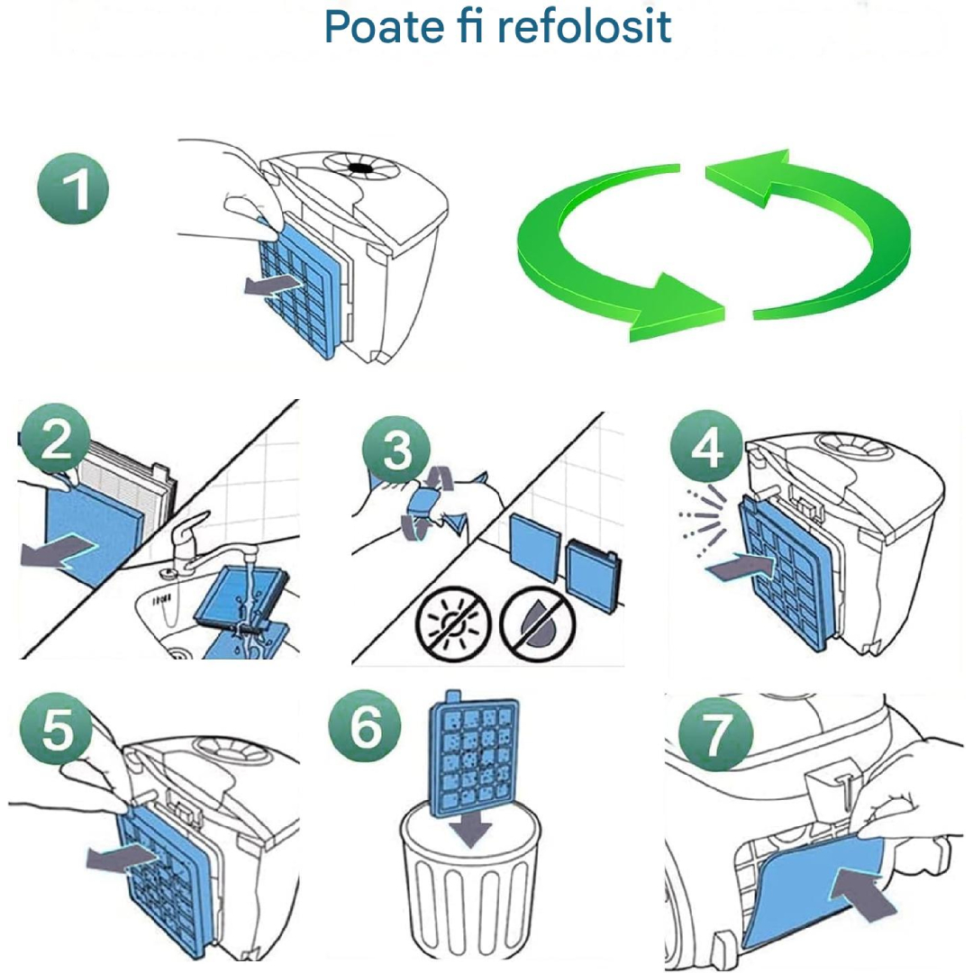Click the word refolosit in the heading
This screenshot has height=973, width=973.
[585, 26]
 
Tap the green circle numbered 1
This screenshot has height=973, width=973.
[73, 188]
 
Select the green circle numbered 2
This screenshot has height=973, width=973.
[55, 438]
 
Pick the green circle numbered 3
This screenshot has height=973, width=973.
[396, 450]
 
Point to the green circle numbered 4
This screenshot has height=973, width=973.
[707, 446]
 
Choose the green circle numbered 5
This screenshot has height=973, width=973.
[57, 728]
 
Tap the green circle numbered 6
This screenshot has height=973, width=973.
[365, 725]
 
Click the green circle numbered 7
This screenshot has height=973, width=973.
[715, 732]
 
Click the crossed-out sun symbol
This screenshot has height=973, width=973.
[453, 623]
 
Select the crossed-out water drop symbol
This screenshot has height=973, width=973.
[538, 623]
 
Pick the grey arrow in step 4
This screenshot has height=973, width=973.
[740, 566]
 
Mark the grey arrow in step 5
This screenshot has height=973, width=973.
[122, 859]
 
